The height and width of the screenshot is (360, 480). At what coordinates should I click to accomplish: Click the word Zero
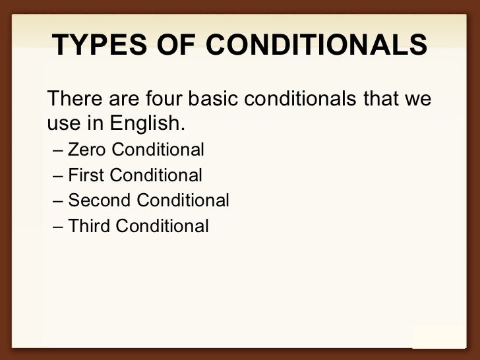88,150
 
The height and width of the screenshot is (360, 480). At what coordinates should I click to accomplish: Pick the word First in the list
86,175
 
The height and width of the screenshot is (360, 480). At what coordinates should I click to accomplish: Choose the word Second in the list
99,200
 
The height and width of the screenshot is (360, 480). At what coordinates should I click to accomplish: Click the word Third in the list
89,226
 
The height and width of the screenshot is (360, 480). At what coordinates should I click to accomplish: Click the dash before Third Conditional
57,227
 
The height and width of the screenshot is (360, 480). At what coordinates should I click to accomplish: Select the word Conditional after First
156,175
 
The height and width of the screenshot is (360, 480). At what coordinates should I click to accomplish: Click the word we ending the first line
418,100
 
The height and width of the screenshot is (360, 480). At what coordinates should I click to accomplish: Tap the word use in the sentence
62,123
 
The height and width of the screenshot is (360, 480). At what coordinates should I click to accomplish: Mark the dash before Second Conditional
57,201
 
